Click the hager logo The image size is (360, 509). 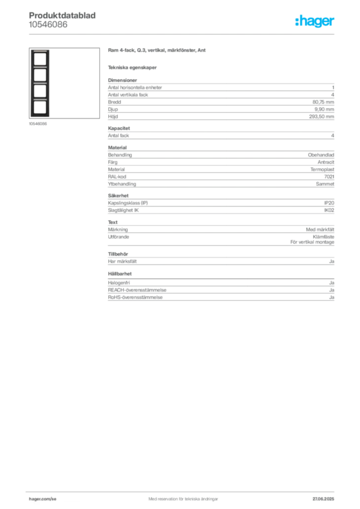[x=315, y=21]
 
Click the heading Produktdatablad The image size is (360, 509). [x=62, y=15]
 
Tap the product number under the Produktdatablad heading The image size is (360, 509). [x=48, y=24]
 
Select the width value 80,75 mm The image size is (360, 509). [x=323, y=102]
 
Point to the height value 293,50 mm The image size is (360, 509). [x=321, y=116]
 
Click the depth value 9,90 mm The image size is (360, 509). [x=324, y=109]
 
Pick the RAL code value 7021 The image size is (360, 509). [x=329, y=176]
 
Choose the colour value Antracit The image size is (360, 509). [x=326, y=162]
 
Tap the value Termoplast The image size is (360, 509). [x=322, y=170]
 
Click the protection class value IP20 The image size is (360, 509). [x=329, y=203]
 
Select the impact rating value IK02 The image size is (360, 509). [x=329, y=210]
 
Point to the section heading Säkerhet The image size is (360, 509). [x=118, y=196]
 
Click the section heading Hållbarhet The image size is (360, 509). [x=120, y=274]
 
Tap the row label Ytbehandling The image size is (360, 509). [x=122, y=184]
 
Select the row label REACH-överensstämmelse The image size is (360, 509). [x=137, y=290]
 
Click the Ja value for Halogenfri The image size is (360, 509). [x=332, y=283]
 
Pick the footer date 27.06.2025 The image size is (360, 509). [x=323, y=499]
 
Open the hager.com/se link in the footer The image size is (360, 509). [x=43, y=499]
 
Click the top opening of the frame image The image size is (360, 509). [x=40, y=59]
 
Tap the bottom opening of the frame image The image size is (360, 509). [x=40, y=107]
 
